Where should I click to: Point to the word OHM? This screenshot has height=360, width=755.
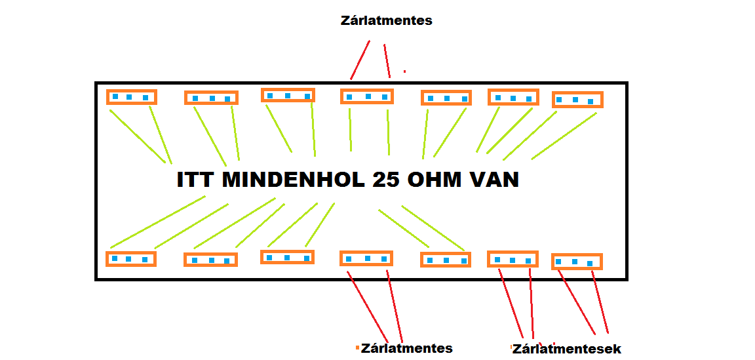pos(435,180)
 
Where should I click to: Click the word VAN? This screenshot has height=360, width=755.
pos(494,180)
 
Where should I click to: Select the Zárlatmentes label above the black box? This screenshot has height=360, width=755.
pos(386,20)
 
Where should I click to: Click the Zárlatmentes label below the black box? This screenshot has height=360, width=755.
pos(406,348)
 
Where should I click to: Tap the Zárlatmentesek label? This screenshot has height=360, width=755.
pos(567,349)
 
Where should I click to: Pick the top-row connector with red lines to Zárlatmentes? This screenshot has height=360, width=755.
pos(367,96)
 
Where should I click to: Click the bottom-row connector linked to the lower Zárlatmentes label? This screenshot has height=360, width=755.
pos(366,258)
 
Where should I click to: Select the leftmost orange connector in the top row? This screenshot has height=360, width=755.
pos(131,97)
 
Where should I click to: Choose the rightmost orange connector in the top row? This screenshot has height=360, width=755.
pos(577,100)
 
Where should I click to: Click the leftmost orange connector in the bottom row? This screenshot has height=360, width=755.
pos(130,259)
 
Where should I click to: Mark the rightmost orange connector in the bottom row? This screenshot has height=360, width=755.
pos(576,262)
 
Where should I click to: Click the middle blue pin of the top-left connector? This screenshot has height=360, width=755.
pos(129,97)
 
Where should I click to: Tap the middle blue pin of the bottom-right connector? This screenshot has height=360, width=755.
pos(575,262)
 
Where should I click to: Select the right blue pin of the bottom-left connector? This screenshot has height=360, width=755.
pos(145,260)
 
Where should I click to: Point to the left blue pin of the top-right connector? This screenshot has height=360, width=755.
pos(559,100)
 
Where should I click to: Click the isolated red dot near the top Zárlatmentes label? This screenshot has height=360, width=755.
pos(404,71)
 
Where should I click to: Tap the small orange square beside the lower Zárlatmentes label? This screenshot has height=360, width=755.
pos(357,348)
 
